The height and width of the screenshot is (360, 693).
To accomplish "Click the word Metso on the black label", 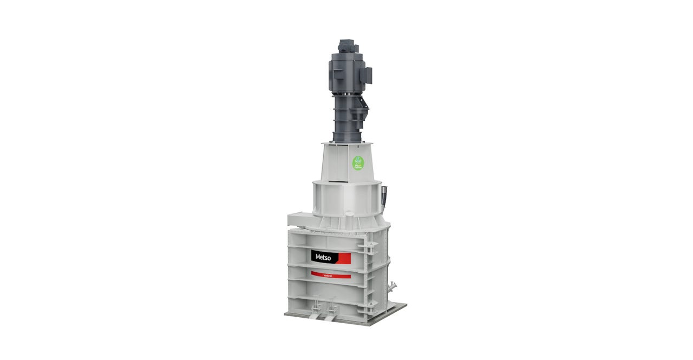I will (323, 257).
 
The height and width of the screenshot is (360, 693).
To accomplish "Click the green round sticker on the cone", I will (358, 162).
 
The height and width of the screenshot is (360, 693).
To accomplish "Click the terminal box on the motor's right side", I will (368, 75).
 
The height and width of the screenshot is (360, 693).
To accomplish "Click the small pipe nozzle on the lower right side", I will (393, 285).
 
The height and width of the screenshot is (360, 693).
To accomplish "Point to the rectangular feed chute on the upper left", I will (299, 219).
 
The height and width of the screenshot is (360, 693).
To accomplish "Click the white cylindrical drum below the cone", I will (346, 198).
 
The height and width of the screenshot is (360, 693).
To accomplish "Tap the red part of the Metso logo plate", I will (344, 258).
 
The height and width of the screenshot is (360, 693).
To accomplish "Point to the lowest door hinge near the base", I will (370, 308).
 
